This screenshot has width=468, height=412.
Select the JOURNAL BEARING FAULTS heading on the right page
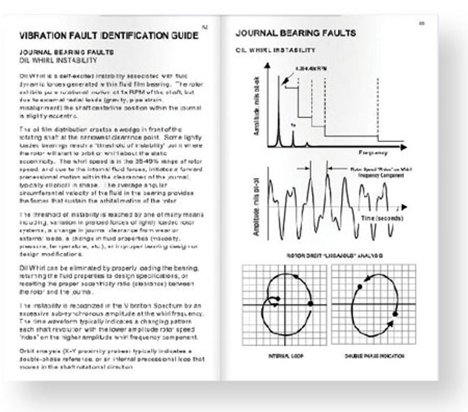tap(296, 33)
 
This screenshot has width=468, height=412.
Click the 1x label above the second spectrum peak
tap(293, 125)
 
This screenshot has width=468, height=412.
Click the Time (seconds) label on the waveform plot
tap(381, 218)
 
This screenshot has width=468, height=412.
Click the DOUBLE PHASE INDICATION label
tap(374, 356)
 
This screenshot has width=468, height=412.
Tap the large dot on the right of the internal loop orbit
tap(311, 303)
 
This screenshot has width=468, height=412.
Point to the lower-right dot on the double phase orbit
tap(395, 314)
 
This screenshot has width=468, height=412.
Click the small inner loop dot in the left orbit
tap(277, 299)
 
